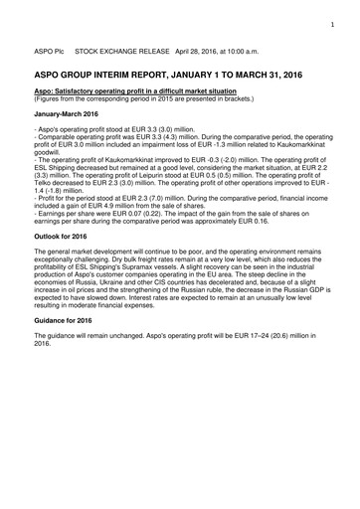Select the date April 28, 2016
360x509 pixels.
172,47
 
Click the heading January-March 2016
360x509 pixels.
67,114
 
